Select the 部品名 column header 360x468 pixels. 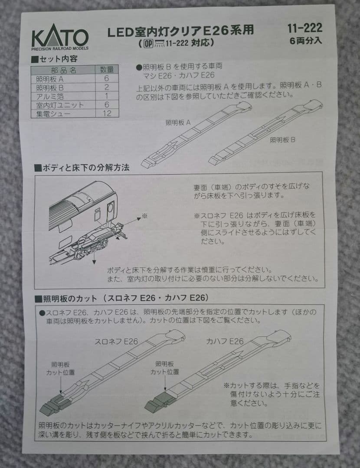click(x=64, y=70)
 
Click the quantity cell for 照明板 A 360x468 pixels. click(x=107, y=78)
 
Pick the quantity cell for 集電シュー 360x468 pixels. click(x=107, y=113)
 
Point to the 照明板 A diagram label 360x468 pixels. click(x=178, y=123)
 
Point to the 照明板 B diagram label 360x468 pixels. click(x=282, y=140)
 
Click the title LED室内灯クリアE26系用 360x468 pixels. click(x=180, y=31)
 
